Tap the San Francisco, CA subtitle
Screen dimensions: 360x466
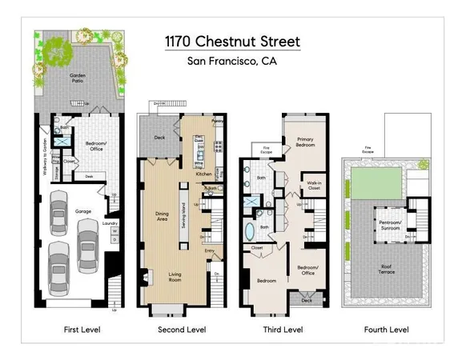pyautogui.click(x=232, y=59)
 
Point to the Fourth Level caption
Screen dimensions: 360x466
pyautogui.click(x=387, y=329)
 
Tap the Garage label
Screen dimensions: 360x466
pyautogui.click(x=83, y=212)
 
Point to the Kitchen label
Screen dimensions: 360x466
pyautogui.click(x=203, y=174)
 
